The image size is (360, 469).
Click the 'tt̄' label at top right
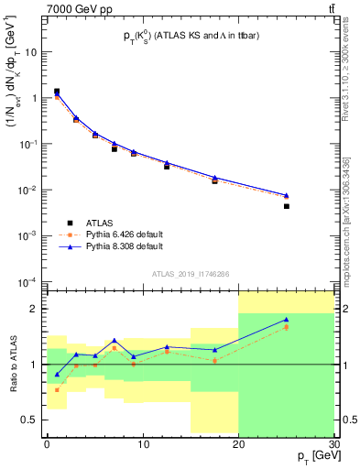pyautogui.click(x=330, y=8)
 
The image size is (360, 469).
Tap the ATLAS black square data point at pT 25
pyautogui.click(x=287, y=206)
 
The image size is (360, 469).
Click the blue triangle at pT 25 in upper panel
pyautogui.click(x=287, y=195)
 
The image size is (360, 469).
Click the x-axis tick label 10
pyautogui.click(x=142, y=444)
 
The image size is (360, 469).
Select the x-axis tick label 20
pyautogui.click(x=238, y=444)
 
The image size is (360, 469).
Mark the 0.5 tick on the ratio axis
pyautogui.click(x=33, y=420)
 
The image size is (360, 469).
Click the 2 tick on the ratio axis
pyautogui.click(x=38, y=309)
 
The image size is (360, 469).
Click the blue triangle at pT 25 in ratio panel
pyautogui.click(x=287, y=319)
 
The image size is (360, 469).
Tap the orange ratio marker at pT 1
pyautogui.click(x=56, y=389)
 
